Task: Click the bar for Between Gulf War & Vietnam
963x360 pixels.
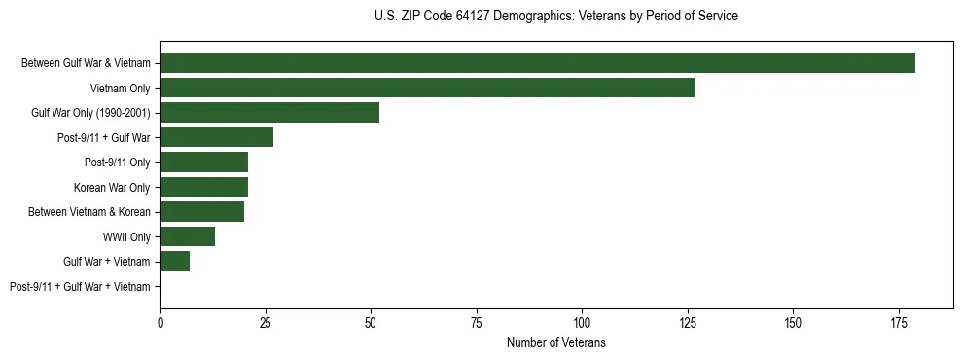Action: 537,62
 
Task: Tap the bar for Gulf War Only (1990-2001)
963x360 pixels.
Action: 269,112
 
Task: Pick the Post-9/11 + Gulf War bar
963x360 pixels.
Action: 216,137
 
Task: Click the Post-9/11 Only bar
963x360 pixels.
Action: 203,162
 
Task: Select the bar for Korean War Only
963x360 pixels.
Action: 203,187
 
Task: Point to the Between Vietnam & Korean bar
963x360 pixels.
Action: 201,211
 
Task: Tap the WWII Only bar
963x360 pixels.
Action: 187,236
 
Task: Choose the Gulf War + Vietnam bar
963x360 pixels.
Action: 174,261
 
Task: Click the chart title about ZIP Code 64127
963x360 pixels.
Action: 555,17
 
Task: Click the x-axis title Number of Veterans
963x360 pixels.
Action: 555,342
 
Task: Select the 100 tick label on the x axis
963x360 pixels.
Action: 582,323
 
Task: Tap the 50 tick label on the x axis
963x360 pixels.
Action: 371,323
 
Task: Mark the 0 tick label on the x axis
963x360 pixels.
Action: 160,323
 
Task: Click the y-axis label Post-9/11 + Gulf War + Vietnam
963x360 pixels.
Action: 80,287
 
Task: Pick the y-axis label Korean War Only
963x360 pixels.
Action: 112,187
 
